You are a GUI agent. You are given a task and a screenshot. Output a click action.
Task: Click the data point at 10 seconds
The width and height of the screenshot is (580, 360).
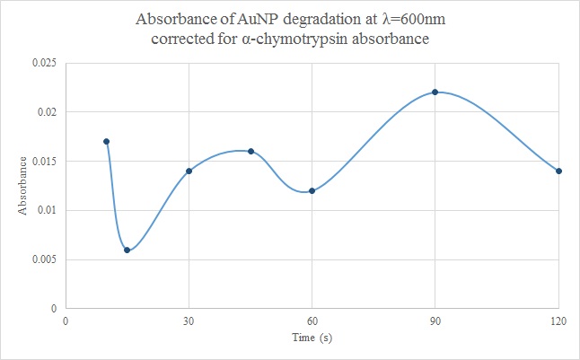pyautogui.click(x=107, y=141)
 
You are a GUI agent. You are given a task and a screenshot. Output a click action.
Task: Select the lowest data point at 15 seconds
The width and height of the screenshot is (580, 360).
pyautogui.click(x=127, y=250)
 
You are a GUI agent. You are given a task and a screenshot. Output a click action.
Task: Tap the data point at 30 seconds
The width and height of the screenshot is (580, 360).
pyautogui.click(x=189, y=171)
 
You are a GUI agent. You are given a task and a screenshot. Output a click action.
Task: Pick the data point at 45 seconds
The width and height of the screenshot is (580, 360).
pyautogui.click(x=250, y=151)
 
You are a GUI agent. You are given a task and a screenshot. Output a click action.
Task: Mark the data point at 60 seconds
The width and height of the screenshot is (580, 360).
pyautogui.click(x=312, y=190)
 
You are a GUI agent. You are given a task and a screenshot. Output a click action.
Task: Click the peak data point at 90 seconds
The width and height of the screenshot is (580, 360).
pyautogui.click(x=435, y=92)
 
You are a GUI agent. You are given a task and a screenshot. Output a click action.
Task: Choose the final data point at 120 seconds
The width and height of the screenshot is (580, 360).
pyautogui.click(x=558, y=171)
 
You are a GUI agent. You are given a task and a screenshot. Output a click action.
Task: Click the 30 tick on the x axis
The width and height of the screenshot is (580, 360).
pyautogui.click(x=189, y=320)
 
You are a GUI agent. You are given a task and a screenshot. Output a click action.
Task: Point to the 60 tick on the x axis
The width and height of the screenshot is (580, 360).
pyautogui.click(x=312, y=320)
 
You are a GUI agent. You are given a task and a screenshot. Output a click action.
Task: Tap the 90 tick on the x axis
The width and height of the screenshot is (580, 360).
pyautogui.click(x=435, y=320)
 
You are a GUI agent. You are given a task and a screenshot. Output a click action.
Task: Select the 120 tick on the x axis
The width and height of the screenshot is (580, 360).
pyautogui.click(x=558, y=320)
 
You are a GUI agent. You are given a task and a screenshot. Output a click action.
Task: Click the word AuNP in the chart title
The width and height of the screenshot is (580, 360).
pyautogui.click(x=255, y=19)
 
